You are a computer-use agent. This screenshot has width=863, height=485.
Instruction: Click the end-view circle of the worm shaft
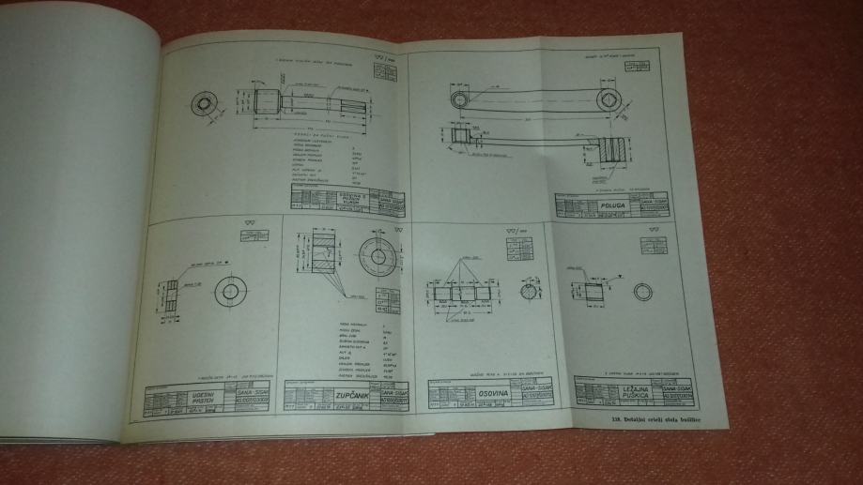coord(204,104)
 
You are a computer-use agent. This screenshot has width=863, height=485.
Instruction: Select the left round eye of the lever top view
coord(460,98)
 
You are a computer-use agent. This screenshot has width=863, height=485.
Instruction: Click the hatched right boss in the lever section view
coord(613,149)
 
